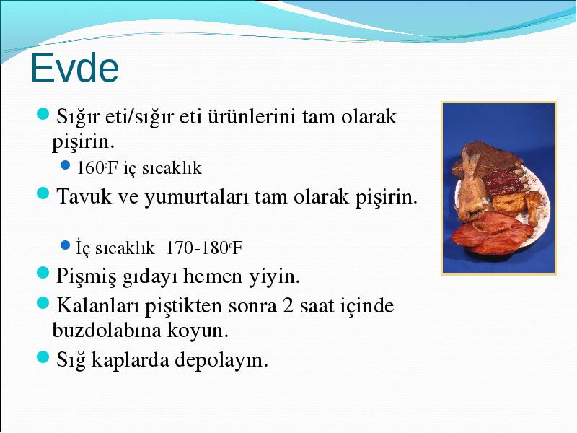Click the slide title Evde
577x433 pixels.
(x=75, y=68)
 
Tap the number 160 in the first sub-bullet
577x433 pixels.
(x=91, y=168)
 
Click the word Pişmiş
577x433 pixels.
(x=86, y=276)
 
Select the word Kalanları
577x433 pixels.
(x=97, y=305)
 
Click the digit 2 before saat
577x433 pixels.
(x=288, y=306)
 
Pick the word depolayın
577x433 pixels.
(x=221, y=360)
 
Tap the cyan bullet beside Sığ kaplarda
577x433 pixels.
(x=43, y=357)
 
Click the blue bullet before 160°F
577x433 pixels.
(x=65, y=165)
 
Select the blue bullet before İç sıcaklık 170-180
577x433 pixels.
(x=65, y=245)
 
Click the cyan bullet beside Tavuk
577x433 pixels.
(x=43, y=193)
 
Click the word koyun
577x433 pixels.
(x=198, y=330)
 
